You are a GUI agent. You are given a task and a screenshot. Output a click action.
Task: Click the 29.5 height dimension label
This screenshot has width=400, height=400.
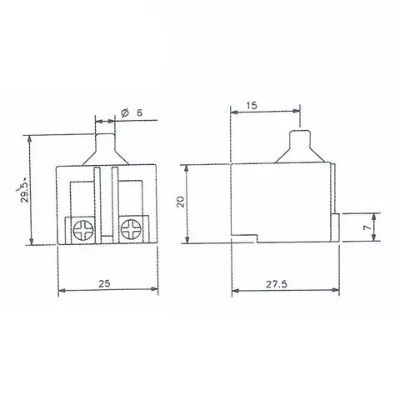[x=25, y=192]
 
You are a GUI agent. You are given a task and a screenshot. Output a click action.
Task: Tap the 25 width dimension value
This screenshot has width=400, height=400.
[x=104, y=283]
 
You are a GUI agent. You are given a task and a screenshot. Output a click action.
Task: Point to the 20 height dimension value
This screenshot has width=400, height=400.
[x=181, y=202]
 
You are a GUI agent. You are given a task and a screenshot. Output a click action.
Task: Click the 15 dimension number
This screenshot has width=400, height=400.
[x=252, y=106]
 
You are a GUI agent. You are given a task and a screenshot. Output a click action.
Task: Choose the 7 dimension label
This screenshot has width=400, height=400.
[x=367, y=227]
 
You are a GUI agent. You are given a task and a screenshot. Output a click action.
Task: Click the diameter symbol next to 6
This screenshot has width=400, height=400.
[x=125, y=112]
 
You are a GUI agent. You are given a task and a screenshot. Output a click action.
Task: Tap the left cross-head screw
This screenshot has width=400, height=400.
[x=82, y=230]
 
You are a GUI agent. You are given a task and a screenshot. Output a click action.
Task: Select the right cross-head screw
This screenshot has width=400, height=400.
[x=131, y=229]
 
